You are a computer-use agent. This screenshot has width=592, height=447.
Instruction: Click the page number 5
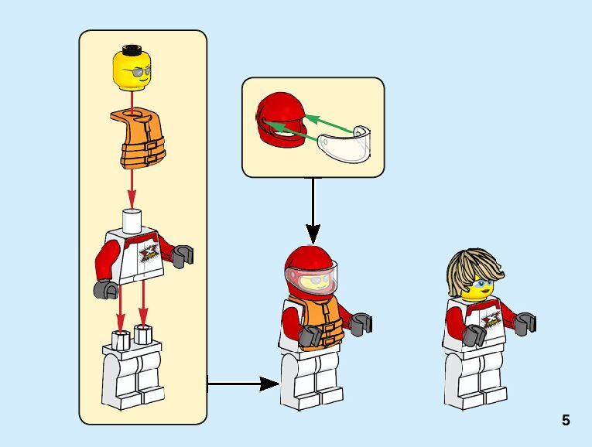click(566, 421)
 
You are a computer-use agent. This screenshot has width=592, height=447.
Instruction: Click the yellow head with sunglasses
click(132, 69)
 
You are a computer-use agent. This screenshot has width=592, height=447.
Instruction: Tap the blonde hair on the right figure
click(474, 267)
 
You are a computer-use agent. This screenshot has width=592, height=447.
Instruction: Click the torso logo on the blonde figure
click(489, 319)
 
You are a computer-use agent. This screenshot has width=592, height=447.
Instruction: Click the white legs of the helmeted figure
click(313, 382)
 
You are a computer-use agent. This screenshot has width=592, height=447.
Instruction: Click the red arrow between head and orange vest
click(132, 100)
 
